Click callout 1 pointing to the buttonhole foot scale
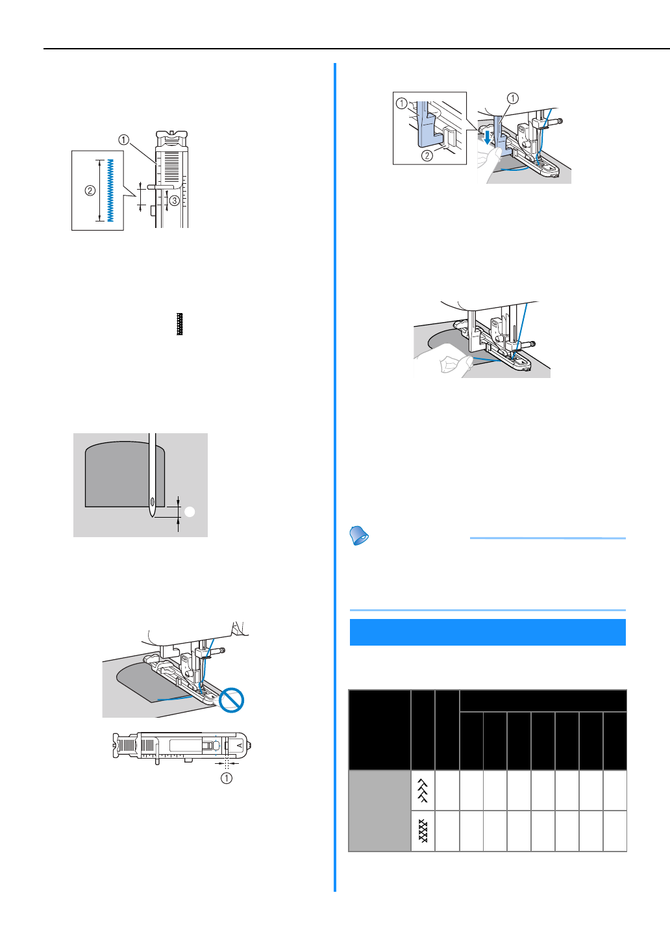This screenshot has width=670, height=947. (123, 140)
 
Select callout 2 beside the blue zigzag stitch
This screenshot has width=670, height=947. (90, 190)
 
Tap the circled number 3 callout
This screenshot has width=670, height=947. (175, 201)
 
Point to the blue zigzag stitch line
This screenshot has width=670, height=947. (110, 190)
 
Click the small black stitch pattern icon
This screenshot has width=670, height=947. (180, 324)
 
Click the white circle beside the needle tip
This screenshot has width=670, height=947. (190, 512)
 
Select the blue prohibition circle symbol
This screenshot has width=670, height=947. (232, 701)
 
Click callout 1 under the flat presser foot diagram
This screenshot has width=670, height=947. (226, 777)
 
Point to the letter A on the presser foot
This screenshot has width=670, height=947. (239, 746)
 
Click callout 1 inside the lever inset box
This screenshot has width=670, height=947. (401, 103)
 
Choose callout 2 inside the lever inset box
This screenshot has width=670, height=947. (427, 155)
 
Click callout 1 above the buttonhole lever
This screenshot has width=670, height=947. (513, 99)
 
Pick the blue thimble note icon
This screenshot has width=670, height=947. (359, 536)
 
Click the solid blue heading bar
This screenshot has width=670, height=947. (488, 632)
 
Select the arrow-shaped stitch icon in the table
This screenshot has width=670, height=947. (423, 790)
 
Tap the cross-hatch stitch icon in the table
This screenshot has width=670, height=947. (423, 831)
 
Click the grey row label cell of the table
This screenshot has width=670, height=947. (380, 811)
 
